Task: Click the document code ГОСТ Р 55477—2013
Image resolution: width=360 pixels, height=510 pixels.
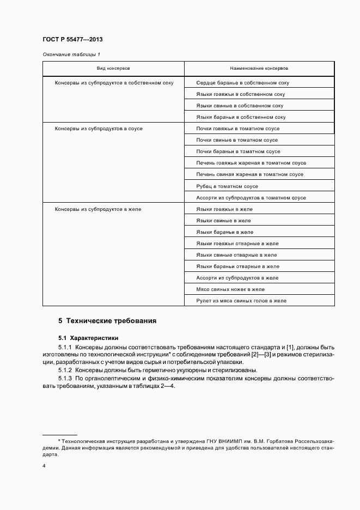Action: point(72,40)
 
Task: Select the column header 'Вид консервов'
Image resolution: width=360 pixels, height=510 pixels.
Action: point(113,69)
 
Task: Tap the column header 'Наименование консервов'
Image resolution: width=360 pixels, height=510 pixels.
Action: point(259,69)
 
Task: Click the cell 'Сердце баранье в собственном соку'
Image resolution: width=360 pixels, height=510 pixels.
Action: point(242,83)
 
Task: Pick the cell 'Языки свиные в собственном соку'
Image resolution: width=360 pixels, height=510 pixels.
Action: point(240,106)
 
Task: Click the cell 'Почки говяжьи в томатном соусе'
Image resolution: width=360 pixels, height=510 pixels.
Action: point(238,129)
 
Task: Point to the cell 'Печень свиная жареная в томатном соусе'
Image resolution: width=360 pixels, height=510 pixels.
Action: point(249,174)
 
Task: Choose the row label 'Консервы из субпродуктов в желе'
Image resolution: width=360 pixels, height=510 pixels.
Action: point(98,209)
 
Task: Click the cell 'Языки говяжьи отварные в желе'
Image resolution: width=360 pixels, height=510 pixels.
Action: point(237,244)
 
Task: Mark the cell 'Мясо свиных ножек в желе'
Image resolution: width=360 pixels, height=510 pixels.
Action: point(230,289)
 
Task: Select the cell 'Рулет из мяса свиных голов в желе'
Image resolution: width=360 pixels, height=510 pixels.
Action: point(241,301)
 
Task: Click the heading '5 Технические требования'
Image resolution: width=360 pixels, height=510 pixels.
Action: point(107,321)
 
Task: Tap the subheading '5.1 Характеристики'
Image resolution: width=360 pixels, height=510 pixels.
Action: point(88,338)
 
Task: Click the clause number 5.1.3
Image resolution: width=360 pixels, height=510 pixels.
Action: point(65,378)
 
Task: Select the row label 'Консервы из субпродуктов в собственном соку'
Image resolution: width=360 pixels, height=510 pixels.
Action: point(114,83)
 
